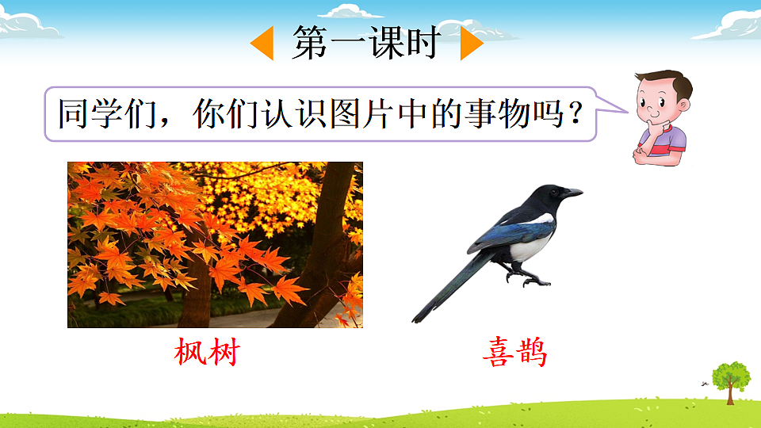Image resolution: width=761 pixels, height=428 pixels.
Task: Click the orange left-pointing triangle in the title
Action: pyautogui.click(x=264, y=44)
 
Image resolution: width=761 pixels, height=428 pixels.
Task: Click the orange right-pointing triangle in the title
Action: pyautogui.click(x=470, y=44)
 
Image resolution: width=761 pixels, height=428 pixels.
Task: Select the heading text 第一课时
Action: pyautogui.click(x=366, y=43)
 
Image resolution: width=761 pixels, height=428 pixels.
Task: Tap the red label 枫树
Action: pyautogui.click(x=206, y=352)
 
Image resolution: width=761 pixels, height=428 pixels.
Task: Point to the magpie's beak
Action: pyautogui.click(x=572, y=192)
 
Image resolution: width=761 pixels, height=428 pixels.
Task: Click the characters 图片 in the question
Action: pyautogui.click(x=358, y=115)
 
